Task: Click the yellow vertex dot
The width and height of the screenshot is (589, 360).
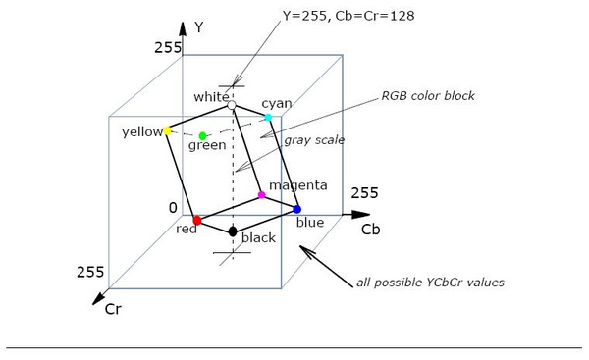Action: [x=167, y=131]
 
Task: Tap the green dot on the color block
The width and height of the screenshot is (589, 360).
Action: [x=202, y=136]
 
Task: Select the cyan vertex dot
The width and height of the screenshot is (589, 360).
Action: [x=268, y=117]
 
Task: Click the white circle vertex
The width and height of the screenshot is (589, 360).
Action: [x=232, y=105]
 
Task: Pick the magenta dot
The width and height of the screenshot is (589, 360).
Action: [x=261, y=195]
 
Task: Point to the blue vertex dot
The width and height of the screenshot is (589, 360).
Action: [x=296, y=209]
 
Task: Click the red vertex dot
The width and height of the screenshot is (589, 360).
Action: [x=197, y=221]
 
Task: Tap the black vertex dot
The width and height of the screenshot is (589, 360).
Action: [x=233, y=231]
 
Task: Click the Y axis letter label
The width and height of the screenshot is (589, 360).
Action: [x=198, y=27]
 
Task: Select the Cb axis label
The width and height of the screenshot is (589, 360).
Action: [x=371, y=230]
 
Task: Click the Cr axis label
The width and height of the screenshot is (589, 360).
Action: [x=113, y=309]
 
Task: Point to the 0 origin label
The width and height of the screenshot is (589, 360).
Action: [x=173, y=208]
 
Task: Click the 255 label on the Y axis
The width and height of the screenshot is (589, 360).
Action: [x=168, y=48]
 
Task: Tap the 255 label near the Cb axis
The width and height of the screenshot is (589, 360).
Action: [x=364, y=193]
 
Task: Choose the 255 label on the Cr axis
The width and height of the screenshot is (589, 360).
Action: [x=90, y=272]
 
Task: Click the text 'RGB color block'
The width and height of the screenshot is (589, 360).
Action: [x=428, y=96]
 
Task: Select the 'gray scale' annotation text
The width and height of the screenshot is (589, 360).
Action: [x=314, y=140]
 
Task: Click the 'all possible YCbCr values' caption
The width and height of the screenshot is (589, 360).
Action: [x=430, y=283]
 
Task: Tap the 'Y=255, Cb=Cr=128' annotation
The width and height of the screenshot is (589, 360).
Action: [x=348, y=16]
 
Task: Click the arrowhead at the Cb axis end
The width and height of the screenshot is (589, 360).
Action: [x=361, y=215]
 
